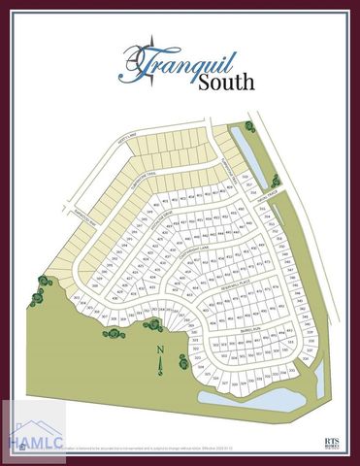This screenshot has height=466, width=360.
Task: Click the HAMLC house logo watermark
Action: (x=34, y=435)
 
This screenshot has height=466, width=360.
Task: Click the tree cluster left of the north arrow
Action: (x=115, y=333)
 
